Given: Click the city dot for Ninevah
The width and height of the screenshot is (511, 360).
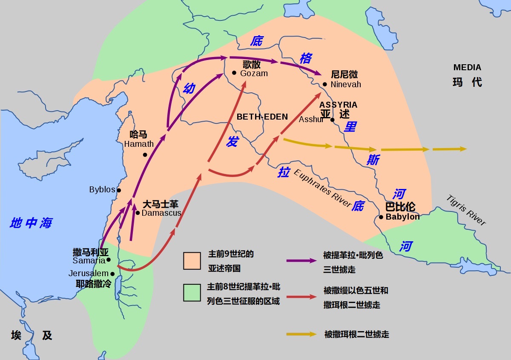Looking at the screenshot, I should (x=324, y=84).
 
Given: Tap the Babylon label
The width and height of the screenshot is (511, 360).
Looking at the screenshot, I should (x=402, y=217).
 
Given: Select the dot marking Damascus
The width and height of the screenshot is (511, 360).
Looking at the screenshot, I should (x=138, y=213).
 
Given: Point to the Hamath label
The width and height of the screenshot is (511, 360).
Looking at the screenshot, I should (x=139, y=144).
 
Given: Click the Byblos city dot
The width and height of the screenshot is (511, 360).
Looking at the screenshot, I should (x=119, y=190).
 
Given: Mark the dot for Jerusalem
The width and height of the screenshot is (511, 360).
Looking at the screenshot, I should (x=112, y=274).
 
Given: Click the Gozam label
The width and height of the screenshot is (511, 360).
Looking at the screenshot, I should (x=254, y=73).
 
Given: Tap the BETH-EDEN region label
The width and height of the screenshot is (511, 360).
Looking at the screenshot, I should (x=262, y=117).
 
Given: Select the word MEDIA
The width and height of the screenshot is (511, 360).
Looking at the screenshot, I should (x=467, y=67).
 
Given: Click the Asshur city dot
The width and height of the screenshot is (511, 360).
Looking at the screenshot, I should (x=333, y=120).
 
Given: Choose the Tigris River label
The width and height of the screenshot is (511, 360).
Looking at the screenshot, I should (x=466, y=210).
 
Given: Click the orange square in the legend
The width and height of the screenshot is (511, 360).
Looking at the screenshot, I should (x=192, y=260).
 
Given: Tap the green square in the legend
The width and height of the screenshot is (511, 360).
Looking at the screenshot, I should (x=192, y=293).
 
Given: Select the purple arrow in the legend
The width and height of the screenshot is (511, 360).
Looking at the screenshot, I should (x=301, y=260).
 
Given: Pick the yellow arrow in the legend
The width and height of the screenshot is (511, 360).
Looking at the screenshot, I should (x=301, y=334).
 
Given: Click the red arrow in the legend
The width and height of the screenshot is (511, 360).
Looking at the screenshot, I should (x=301, y=297).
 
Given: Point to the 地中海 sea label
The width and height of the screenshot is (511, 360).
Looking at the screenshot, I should (x=31, y=223).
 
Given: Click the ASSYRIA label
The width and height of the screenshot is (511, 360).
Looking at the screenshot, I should (x=339, y=105).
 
